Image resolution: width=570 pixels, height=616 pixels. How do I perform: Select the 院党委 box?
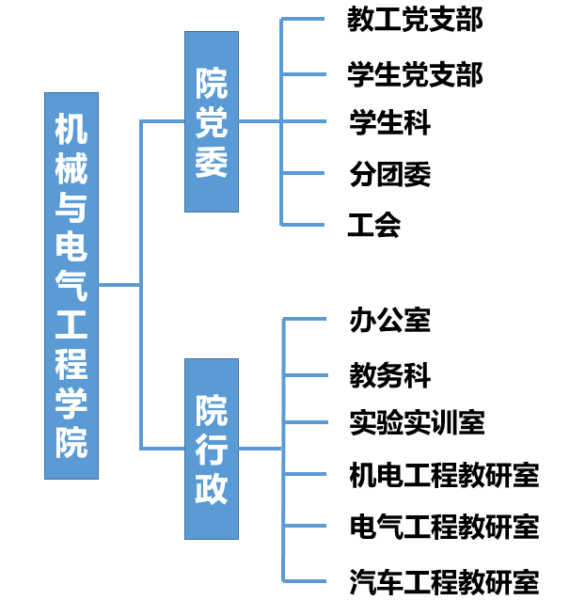tap(211, 121)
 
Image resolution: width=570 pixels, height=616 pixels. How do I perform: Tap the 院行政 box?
tap(211, 448)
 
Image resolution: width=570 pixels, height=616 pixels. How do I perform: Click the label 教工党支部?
tap(415, 19)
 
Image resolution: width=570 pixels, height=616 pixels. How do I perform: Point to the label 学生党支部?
tap(415, 73)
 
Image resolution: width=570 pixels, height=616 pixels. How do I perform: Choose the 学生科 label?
tap(389, 122)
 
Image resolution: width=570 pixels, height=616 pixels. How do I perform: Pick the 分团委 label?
tap(389, 174)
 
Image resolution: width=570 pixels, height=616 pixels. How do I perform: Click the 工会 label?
tap(374, 225)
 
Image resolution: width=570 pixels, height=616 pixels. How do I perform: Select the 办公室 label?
tap(389, 320)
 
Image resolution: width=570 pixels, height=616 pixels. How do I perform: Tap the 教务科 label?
tap(389, 375)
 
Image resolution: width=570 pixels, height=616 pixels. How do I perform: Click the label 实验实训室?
tap(417, 422)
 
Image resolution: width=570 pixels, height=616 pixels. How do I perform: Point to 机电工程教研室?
tap(444, 476)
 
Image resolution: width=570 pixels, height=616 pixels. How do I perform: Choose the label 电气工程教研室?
tap(444, 527)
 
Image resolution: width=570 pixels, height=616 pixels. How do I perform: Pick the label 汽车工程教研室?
tap(444, 582)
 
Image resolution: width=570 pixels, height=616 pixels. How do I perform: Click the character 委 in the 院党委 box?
tap(211, 162)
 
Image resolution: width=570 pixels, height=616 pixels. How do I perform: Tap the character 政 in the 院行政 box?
tap(211, 490)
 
